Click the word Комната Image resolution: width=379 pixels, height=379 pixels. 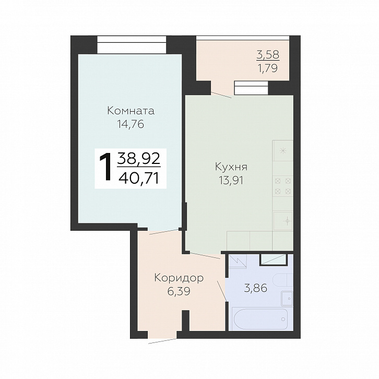click(131, 111)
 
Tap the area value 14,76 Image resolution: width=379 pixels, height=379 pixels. click(131, 124)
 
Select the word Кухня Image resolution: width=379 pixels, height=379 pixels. click(231, 167)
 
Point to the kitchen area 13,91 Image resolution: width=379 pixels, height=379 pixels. click(231, 180)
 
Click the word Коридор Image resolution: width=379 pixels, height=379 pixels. click(179, 278)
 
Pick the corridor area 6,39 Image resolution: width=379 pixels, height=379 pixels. click(179, 291)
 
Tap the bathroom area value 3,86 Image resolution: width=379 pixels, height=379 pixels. click(256, 288)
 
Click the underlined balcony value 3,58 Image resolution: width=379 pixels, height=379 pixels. click(268, 55)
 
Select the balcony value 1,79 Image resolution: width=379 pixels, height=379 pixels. click(268, 68)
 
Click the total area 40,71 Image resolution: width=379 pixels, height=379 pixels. click(139, 179)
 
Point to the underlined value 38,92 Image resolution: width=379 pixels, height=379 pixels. click(139, 159)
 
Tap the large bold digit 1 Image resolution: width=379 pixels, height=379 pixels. click(106, 168)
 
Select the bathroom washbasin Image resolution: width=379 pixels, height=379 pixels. click(287, 299)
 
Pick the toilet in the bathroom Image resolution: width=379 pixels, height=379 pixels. click(283, 280)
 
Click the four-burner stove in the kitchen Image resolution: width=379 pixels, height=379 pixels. click(283, 186)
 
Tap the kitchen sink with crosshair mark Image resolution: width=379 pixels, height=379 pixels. click(283, 221)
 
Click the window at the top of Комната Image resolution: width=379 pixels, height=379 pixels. click(132, 45)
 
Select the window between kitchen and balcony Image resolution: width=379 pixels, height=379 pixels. click(251, 88)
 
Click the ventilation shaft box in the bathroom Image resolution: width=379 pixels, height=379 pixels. click(273, 259)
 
